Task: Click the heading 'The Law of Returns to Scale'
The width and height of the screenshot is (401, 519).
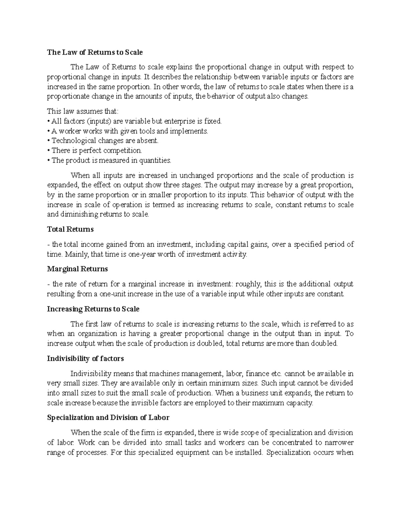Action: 95,52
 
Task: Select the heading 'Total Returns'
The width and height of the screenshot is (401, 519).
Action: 70,229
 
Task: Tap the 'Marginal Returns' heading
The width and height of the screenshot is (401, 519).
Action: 77,269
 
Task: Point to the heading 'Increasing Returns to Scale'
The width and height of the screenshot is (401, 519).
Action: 93,309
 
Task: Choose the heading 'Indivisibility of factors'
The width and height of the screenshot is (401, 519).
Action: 85,359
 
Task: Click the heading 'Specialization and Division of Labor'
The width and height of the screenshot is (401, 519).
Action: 108,417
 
